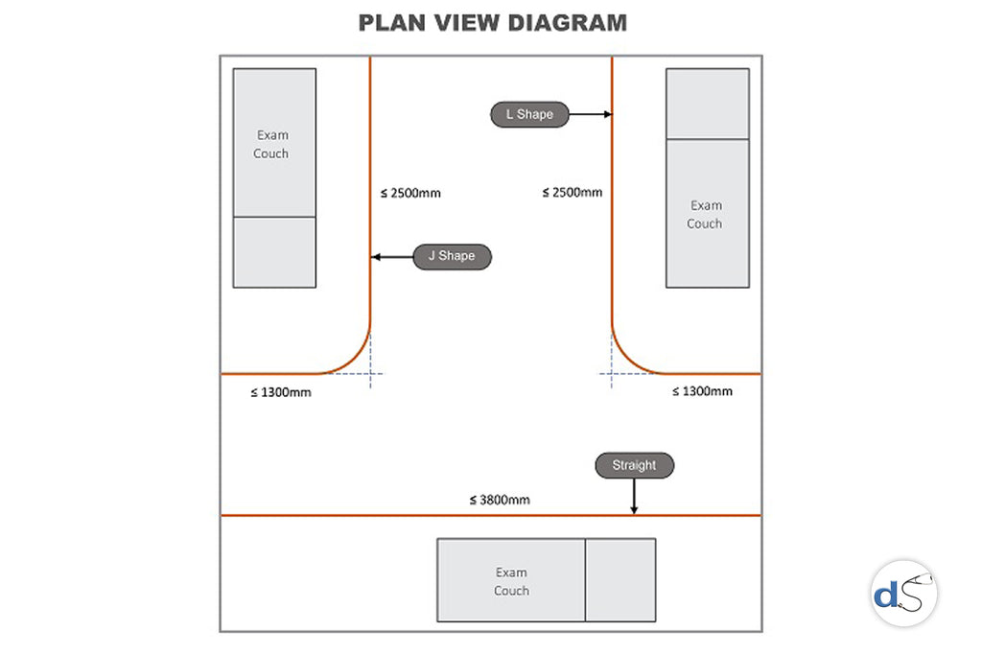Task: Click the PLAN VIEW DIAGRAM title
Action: pos(492,23)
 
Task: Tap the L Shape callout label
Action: pos(529,115)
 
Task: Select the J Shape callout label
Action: pos(452,257)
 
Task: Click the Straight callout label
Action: pos(634,466)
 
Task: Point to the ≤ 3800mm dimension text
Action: pos(500,500)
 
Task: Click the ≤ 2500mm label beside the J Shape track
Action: pos(410,193)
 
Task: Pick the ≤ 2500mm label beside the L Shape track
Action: pos(573,193)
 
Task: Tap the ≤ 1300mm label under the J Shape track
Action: pos(281,392)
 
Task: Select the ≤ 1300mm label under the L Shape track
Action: pos(702,391)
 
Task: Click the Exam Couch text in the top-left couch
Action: pos(271,145)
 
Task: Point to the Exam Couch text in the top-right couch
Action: pos(705,215)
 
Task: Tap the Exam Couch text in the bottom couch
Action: pos(511,582)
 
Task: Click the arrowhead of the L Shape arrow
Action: pos(608,114)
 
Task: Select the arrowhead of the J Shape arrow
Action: pos(376,257)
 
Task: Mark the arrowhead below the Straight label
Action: pos(634,510)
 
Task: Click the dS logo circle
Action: pos(904,594)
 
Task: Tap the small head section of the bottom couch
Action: pos(620,580)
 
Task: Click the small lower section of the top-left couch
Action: pos(274,252)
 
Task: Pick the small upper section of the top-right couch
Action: pos(708,104)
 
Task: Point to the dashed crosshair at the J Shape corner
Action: pos(370,373)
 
